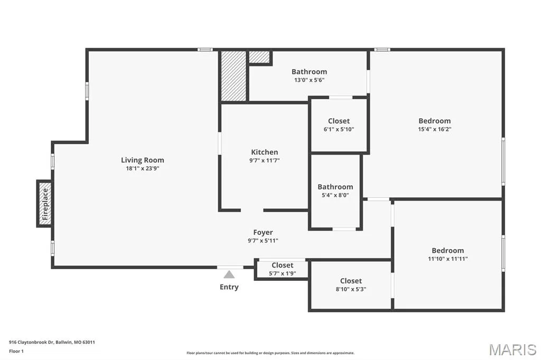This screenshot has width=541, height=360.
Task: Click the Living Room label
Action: click(143, 160)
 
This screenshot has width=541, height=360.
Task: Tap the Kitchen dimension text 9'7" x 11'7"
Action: click(265, 160)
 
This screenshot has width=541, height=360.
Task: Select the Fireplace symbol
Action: click(45, 203)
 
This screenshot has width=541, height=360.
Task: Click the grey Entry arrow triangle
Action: click(229, 274)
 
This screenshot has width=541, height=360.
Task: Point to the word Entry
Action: click(229, 287)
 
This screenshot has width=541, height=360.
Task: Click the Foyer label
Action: click(263, 232)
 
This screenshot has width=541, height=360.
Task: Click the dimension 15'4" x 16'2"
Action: click(435, 129)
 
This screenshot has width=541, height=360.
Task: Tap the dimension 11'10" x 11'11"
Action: click(448, 259)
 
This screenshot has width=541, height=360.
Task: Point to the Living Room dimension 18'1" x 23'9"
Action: click(143, 168)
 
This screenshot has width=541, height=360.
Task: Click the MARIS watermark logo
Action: click(512, 349)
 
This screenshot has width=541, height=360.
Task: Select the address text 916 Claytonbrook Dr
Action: click(31, 343)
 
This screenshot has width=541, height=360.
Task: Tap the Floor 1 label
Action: click(16, 352)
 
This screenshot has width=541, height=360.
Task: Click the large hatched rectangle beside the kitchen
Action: click(234, 76)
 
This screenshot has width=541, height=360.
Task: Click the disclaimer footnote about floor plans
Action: click(270, 353)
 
